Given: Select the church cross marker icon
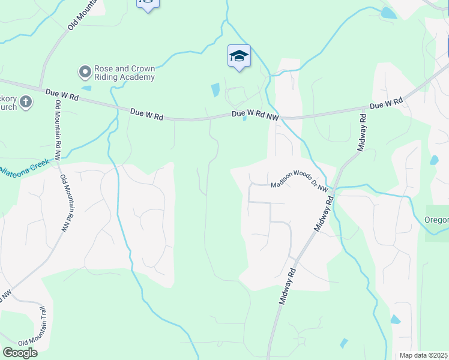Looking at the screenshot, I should tap(26, 103).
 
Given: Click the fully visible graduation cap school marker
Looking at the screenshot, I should tap(239, 56).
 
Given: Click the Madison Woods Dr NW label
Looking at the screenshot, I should tap(298, 187).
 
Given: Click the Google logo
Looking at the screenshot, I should tap(20, 352).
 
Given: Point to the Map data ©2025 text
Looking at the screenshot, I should tap(424, 355).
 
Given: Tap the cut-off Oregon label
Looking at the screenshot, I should tap(437, 220).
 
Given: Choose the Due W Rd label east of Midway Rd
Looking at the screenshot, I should tap(385, 105).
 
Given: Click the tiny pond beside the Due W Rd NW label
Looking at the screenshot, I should tap(244, 118).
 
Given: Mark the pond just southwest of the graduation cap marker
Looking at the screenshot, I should tap(215, 90).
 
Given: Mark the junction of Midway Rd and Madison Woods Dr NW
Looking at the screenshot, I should tap(334, 188).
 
